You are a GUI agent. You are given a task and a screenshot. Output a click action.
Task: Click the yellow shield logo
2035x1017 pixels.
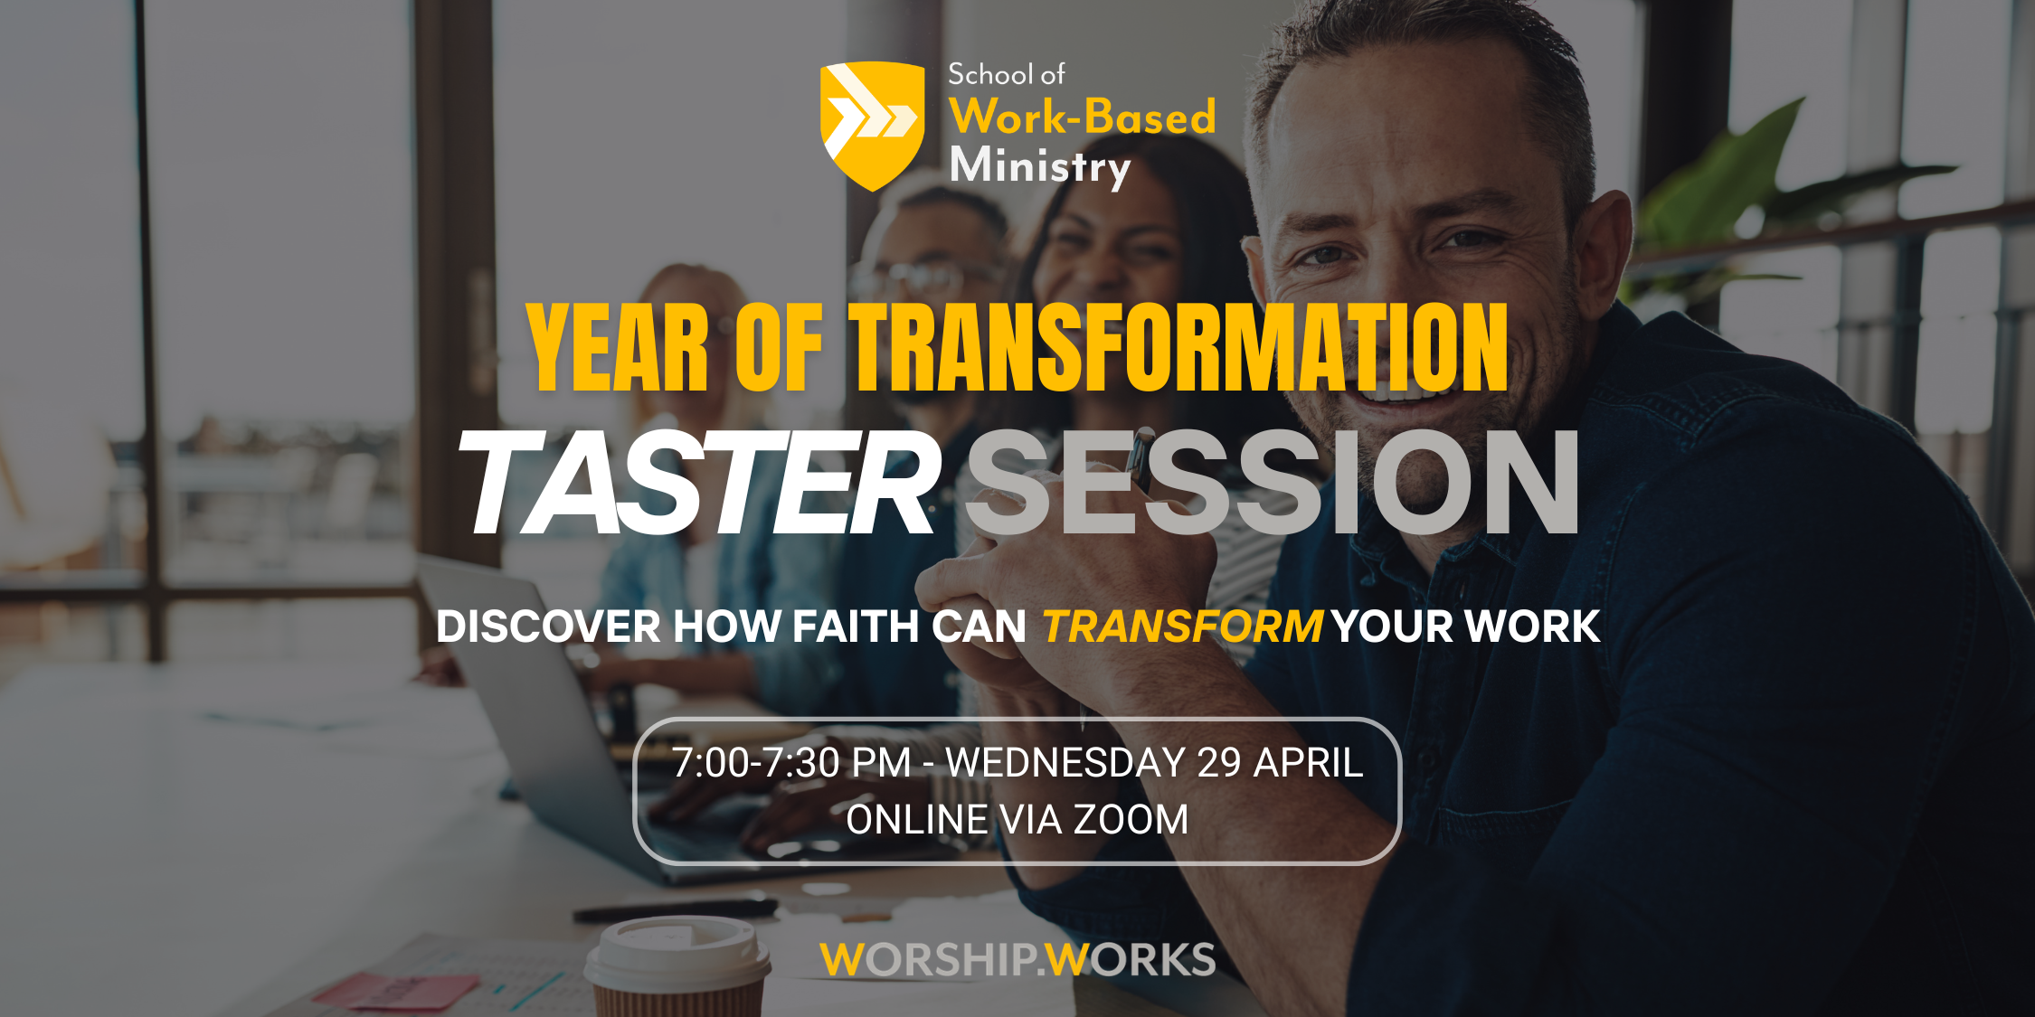(872, 126)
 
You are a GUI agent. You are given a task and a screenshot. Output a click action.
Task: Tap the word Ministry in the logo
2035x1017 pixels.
(1040, 167)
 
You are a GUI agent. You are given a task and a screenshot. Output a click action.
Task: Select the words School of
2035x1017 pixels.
(1006, 74)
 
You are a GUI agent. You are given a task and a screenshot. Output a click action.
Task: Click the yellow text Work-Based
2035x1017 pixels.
(1083, 117)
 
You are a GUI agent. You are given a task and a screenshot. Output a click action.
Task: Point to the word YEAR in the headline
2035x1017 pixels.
(618, 348)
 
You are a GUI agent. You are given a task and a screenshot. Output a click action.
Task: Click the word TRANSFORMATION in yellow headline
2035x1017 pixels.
(1178, 348)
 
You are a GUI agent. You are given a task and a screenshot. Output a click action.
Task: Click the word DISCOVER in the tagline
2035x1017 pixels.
(548, 626)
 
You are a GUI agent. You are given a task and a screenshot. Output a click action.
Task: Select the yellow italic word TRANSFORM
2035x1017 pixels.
(1183, 626)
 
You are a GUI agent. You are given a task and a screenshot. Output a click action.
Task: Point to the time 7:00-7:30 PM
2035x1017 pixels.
(791, 763)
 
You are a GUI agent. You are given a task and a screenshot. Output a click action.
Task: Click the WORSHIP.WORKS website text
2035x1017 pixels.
(1018, 959)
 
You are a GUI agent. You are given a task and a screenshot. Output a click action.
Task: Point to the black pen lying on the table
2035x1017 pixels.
(675, 909)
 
